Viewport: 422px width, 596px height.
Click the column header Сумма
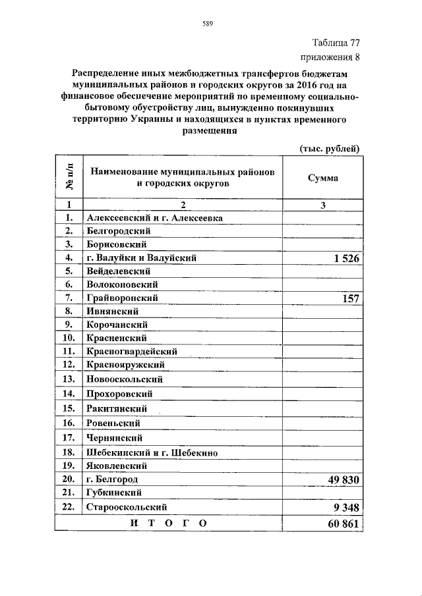[x=323, y=178]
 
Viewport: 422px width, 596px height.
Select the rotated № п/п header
[x=69, y=177]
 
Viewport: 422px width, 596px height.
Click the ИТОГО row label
[x=169, y=524]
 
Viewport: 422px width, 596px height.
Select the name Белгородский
[x=119, y=231]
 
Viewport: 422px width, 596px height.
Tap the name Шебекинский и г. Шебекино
[x=152, y=452]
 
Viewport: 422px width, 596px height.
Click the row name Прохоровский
[x=119, y=394]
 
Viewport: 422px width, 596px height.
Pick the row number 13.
[x=68, y=379]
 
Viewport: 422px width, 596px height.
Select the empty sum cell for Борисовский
[x=322, y=244]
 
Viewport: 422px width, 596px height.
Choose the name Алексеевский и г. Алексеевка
[x=154, y=217]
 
